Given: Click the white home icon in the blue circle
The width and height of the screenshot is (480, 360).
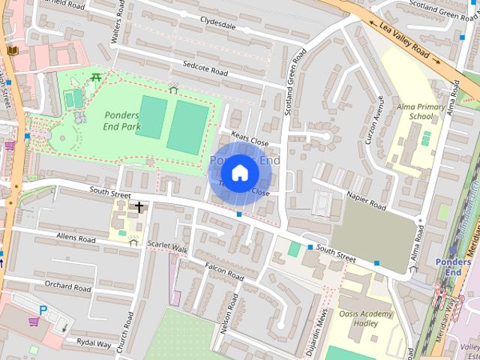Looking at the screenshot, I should (239, 173).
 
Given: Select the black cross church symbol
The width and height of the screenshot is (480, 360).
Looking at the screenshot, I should (139, 206).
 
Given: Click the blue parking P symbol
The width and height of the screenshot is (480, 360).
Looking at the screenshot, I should (43, 309).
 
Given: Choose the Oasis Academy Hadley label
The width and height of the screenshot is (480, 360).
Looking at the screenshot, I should (364, 319).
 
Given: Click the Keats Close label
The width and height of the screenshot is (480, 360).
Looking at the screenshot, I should (250, 139).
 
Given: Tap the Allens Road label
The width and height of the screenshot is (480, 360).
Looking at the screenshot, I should (76, 238).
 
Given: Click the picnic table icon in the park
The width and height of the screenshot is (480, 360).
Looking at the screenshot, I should (97, 76).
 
